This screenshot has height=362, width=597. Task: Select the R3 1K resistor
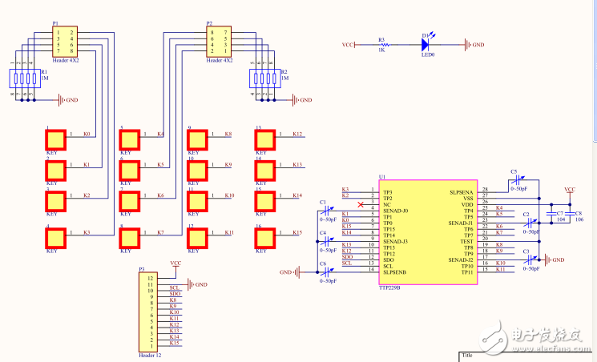click(x=381, y=45)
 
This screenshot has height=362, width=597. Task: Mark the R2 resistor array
click(x=264, y=78)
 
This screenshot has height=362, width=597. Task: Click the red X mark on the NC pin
click(x=362, y=205)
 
